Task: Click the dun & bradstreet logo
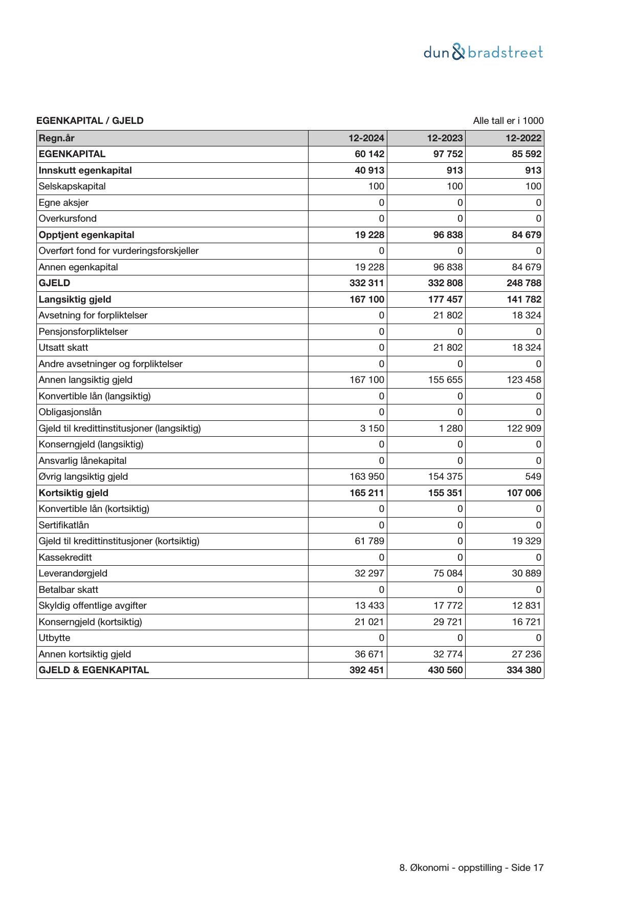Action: pos(483,52)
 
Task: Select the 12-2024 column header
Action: pos(366,138)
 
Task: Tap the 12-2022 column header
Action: pos(523,138)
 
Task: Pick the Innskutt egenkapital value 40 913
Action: pos(369,170)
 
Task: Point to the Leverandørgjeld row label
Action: pos(73,573)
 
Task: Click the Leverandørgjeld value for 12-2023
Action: pos(448,573)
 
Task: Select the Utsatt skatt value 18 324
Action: pos(527,348)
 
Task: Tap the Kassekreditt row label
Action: pos(65,558)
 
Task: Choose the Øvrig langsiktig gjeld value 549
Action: pos(533,477)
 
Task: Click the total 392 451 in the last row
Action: pos(367,670)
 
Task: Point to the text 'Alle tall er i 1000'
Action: pos(508,121)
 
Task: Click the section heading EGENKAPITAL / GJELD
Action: pos(90,121)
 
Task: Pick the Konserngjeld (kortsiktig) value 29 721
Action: pos(448,622)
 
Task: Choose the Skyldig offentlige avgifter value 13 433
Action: pos(369,606)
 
